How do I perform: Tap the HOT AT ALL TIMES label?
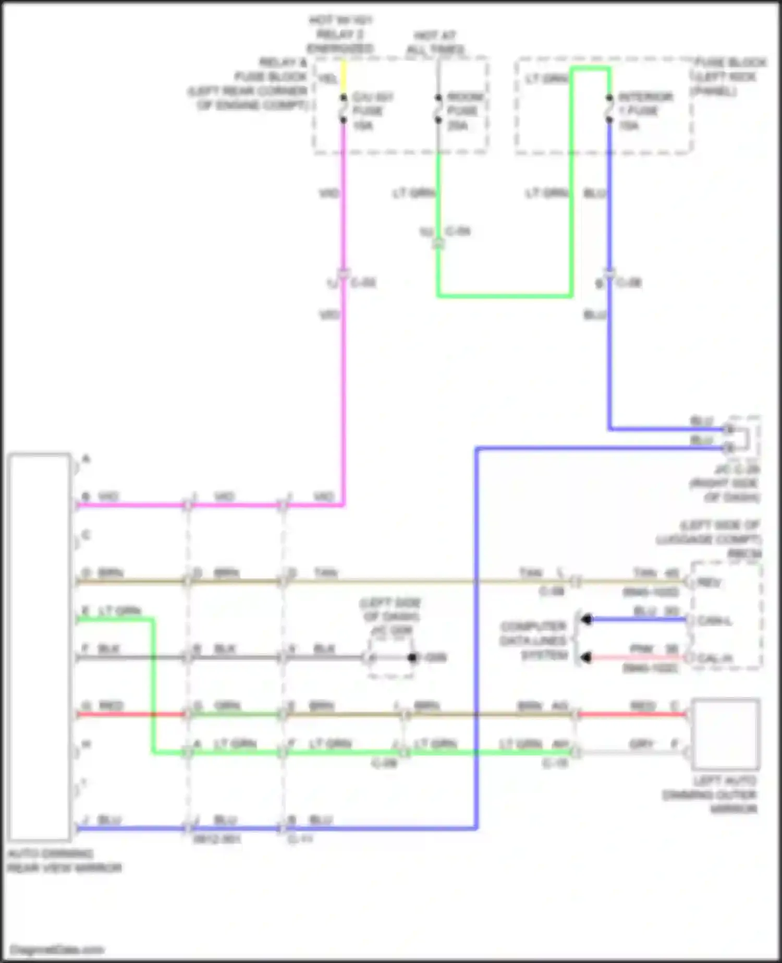pyautogui.click(x=435, y=43)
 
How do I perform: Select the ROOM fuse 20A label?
pyautogui.click(x=463, y=111)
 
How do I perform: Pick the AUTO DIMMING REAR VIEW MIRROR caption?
pyautogui.click(x=64, y=861)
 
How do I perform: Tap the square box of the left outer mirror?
pyautogui.click(x=725, y=735)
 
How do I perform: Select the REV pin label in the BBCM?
pyautogui.click(x=709, y=582)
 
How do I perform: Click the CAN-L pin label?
pyautogui.click(x=715, y=621)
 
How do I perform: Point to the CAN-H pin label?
pyautogui.click(x=715, y=659)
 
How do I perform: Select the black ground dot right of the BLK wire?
pyautogui.click(x=412, y=657)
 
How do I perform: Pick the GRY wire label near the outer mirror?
pyautogui.click(x=641, y=744)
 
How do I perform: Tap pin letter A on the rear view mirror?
pyautogui.click(x=86, y=459)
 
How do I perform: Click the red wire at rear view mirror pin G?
pyautogui.click(x=130, y=714)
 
